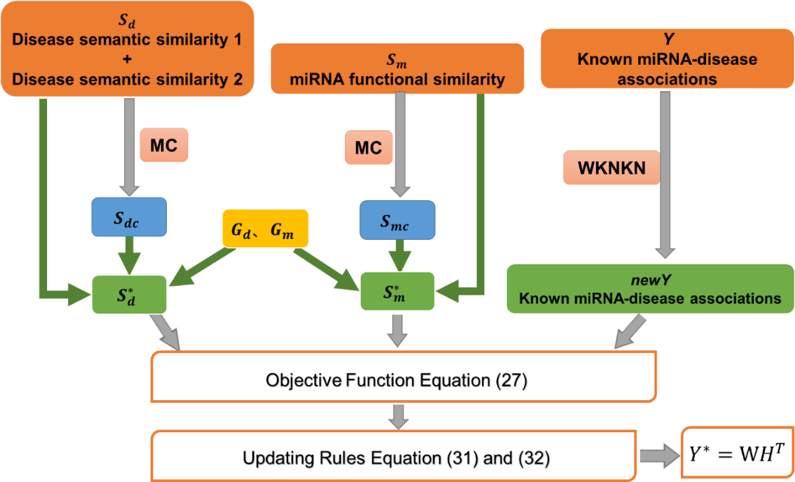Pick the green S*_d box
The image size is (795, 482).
128,293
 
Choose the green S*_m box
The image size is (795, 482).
396,290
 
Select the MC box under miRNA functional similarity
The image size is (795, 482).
368,148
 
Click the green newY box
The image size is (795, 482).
650,288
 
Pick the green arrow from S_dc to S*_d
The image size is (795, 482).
129,254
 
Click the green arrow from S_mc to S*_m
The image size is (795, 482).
397,254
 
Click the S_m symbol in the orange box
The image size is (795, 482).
387,62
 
